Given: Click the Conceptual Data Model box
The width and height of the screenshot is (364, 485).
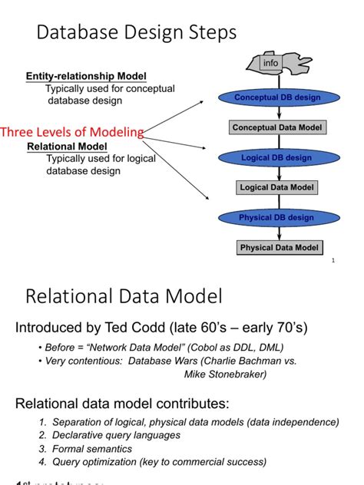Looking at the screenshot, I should pos(277,127).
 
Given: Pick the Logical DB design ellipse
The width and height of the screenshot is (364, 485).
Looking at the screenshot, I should pos(276,157).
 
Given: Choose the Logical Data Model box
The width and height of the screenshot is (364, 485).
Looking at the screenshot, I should pos(276,187).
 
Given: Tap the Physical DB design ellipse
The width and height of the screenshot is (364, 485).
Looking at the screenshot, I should pos(276,217).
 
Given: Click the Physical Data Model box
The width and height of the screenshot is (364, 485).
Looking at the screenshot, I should pos(279,248).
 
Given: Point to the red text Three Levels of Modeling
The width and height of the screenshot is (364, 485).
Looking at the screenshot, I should pos(72,132).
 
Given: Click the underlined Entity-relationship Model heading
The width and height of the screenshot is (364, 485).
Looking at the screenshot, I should pos(86,76).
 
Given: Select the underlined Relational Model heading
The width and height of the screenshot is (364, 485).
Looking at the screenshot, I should pos(67,147).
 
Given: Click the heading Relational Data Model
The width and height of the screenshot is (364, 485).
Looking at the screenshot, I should pos(124,297).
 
